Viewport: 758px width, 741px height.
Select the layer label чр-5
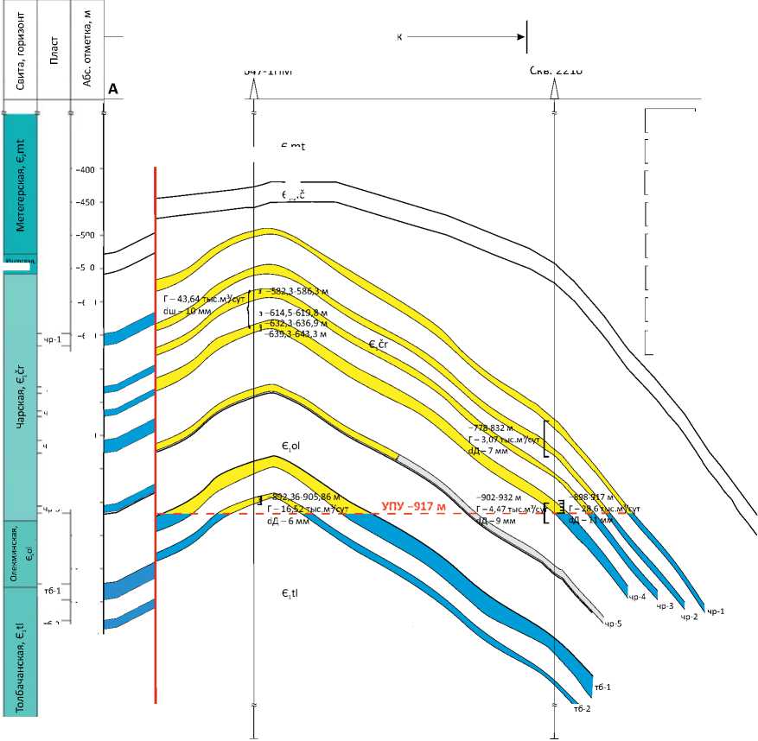click(x=613, y=623)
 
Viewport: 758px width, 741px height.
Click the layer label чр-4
click(x=638, y=597)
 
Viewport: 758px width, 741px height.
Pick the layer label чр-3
click(x=665, y=607)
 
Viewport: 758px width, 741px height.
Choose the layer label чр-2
click(x=689, y=617)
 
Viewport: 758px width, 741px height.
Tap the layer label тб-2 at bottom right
click(x=582, y=709)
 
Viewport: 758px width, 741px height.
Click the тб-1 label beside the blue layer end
click(x=602, y=687)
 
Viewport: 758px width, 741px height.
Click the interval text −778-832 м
click(x=490, y=427)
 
